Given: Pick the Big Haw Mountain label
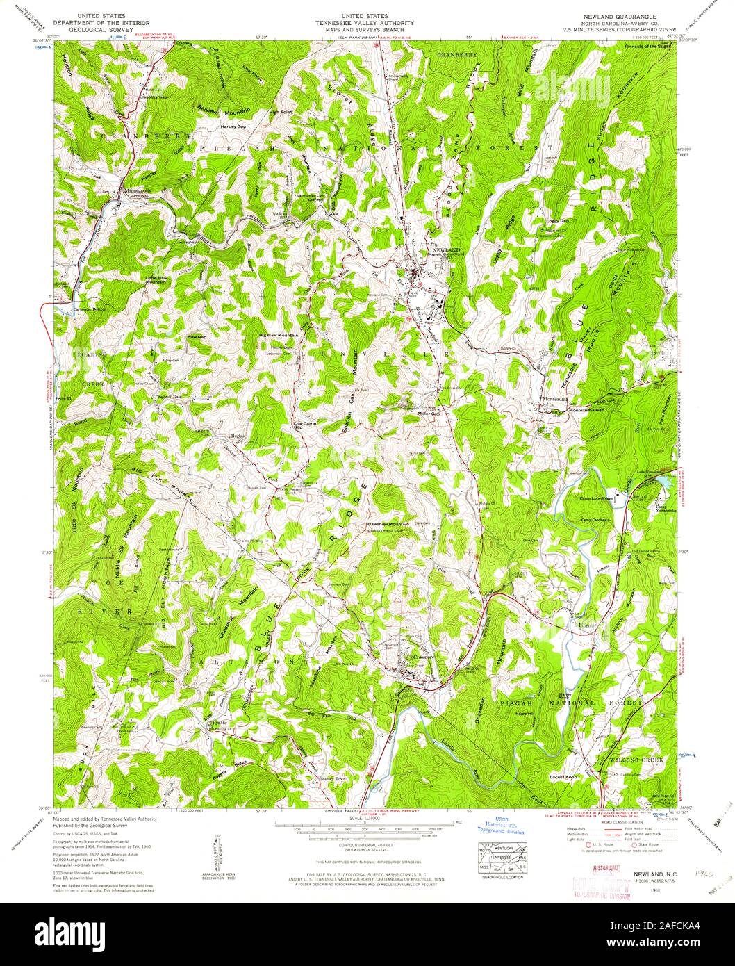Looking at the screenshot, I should coord(278,335).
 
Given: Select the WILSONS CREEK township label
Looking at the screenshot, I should coord(636,760).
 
